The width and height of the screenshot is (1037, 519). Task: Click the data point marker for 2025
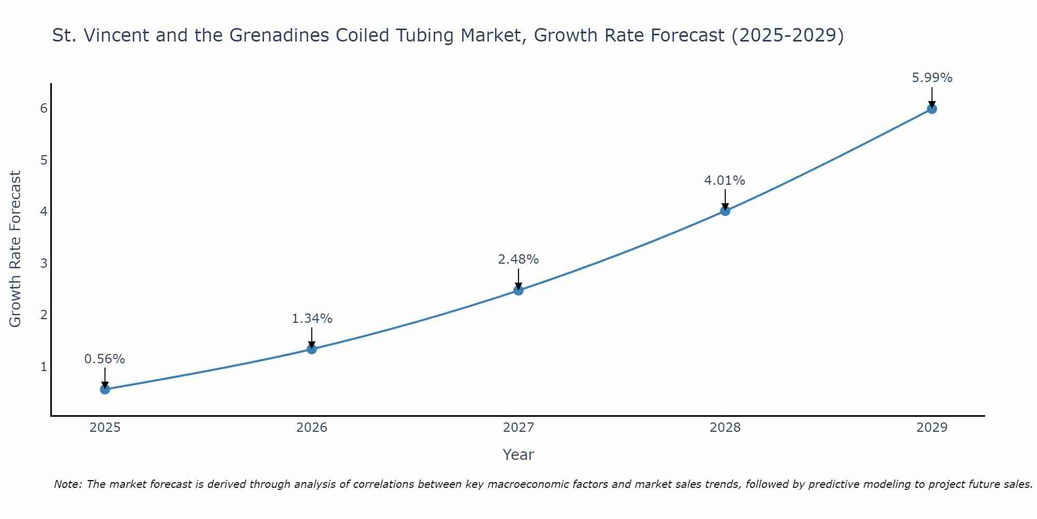tap(105, 389)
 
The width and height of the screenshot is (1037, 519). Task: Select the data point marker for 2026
tap(312, 349)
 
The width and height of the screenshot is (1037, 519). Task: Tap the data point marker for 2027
tap(518, 290)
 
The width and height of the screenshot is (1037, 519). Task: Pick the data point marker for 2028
tap(725, 211)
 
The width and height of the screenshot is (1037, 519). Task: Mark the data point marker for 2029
tap(932, 109)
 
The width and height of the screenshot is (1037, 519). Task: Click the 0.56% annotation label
tap(105, 359)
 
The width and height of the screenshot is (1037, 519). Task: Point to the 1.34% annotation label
tap(312, 319)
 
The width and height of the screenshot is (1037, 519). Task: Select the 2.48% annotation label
tap(518, 259)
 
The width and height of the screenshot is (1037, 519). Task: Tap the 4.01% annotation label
tap(725, 181)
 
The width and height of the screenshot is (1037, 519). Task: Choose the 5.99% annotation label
tap(932, 78)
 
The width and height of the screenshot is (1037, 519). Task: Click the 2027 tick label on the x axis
tap(518, 428)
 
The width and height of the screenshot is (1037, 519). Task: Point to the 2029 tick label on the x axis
tap(932, 428)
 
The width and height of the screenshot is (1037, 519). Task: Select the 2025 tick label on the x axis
tap(105, 428)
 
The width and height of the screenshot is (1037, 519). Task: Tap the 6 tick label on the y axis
tap(44, 108)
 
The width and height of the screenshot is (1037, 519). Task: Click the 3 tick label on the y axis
tap(44, 263)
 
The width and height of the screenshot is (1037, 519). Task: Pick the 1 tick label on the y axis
tap(44, 367)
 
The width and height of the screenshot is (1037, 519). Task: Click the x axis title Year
tap(518, 455)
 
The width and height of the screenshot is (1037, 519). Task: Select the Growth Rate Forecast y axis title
tap(16, 249)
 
